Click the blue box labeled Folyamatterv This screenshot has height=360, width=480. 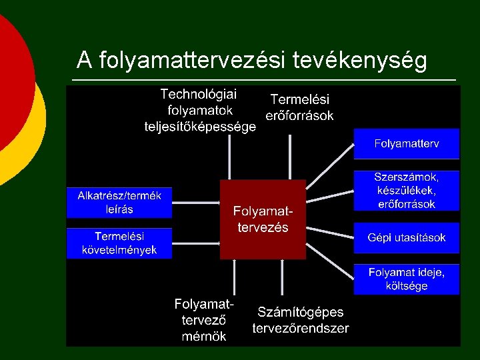[x=406, y=143]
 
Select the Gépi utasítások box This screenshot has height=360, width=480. [x=406, y=238]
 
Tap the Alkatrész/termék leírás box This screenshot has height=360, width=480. [x=119, y=202]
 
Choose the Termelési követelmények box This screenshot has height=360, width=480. [x=119, y=243]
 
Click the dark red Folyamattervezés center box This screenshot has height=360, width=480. [x=263, y=219]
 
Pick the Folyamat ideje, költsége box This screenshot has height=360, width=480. [x=406, y=279]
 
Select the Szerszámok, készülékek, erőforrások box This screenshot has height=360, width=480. [x=406, y=191]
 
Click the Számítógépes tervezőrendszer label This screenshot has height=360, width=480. [x=300, y=320]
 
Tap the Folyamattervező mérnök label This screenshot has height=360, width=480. [x=204, y=320]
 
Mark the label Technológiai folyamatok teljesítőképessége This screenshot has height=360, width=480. [x=200, y=110]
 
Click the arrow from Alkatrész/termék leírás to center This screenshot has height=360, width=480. [x=196, y=202]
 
